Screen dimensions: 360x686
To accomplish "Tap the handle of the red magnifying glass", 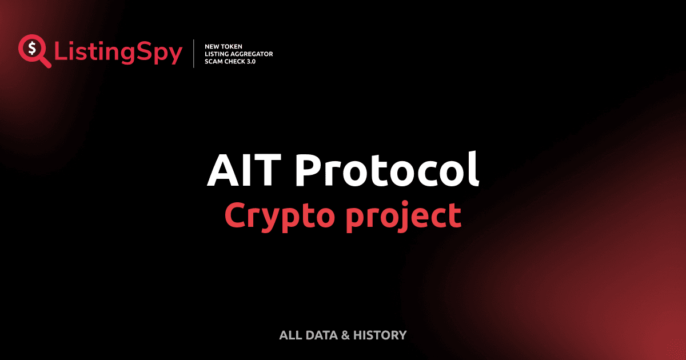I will (45, 62).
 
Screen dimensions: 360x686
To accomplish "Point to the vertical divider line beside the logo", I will (195, 54).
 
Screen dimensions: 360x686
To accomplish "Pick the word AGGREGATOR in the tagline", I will (252, 54).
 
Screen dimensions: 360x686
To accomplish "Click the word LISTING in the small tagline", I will (217, 54).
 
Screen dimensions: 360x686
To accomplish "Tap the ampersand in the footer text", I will (345, 335).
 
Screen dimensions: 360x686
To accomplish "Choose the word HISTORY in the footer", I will (380, 335).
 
